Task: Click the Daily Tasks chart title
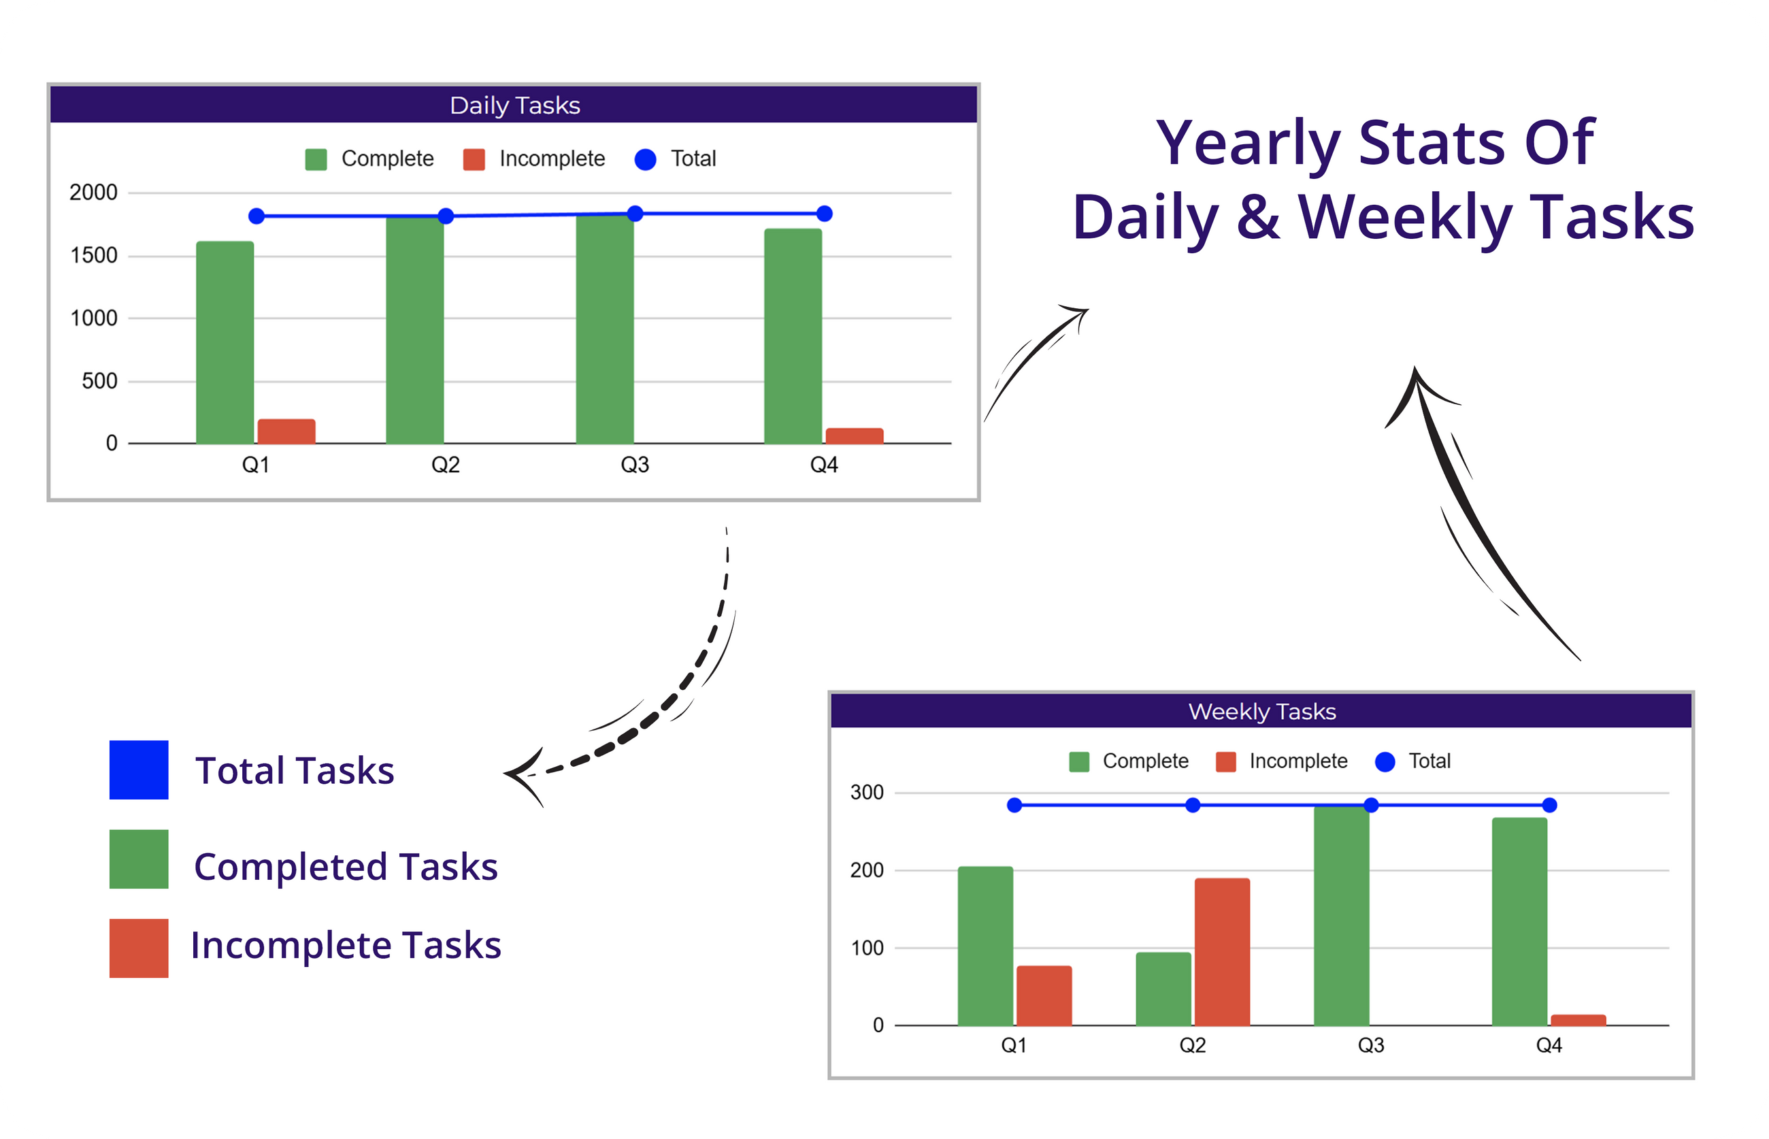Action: click(515, 105)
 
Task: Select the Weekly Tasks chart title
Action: click(1261, 712)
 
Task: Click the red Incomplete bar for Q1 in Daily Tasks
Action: click(286, 431)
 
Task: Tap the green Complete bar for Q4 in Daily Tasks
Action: click(793, 336)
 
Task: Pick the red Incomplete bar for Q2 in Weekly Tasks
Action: click(1222, 952)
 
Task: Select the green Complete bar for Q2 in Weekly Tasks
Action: click(1163, 989)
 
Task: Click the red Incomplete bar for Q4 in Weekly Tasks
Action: click(1578, 1020)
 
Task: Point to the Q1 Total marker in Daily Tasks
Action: click(257, 216)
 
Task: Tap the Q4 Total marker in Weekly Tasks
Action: click(1549, 805)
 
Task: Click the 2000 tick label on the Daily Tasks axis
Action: click(93, 193)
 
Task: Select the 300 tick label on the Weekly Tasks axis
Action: click(867, 792)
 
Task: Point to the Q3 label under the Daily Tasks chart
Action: click(635, 465)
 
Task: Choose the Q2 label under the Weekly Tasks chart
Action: click(1192, 1045)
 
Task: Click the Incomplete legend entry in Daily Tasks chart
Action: click(534, 159)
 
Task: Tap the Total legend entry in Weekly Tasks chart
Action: click(1412, 761)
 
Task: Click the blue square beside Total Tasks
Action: click(139, 770)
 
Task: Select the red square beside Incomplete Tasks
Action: click(139, 948)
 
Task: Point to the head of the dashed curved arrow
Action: click(506, 774)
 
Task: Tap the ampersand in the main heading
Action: click(1257, 216)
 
